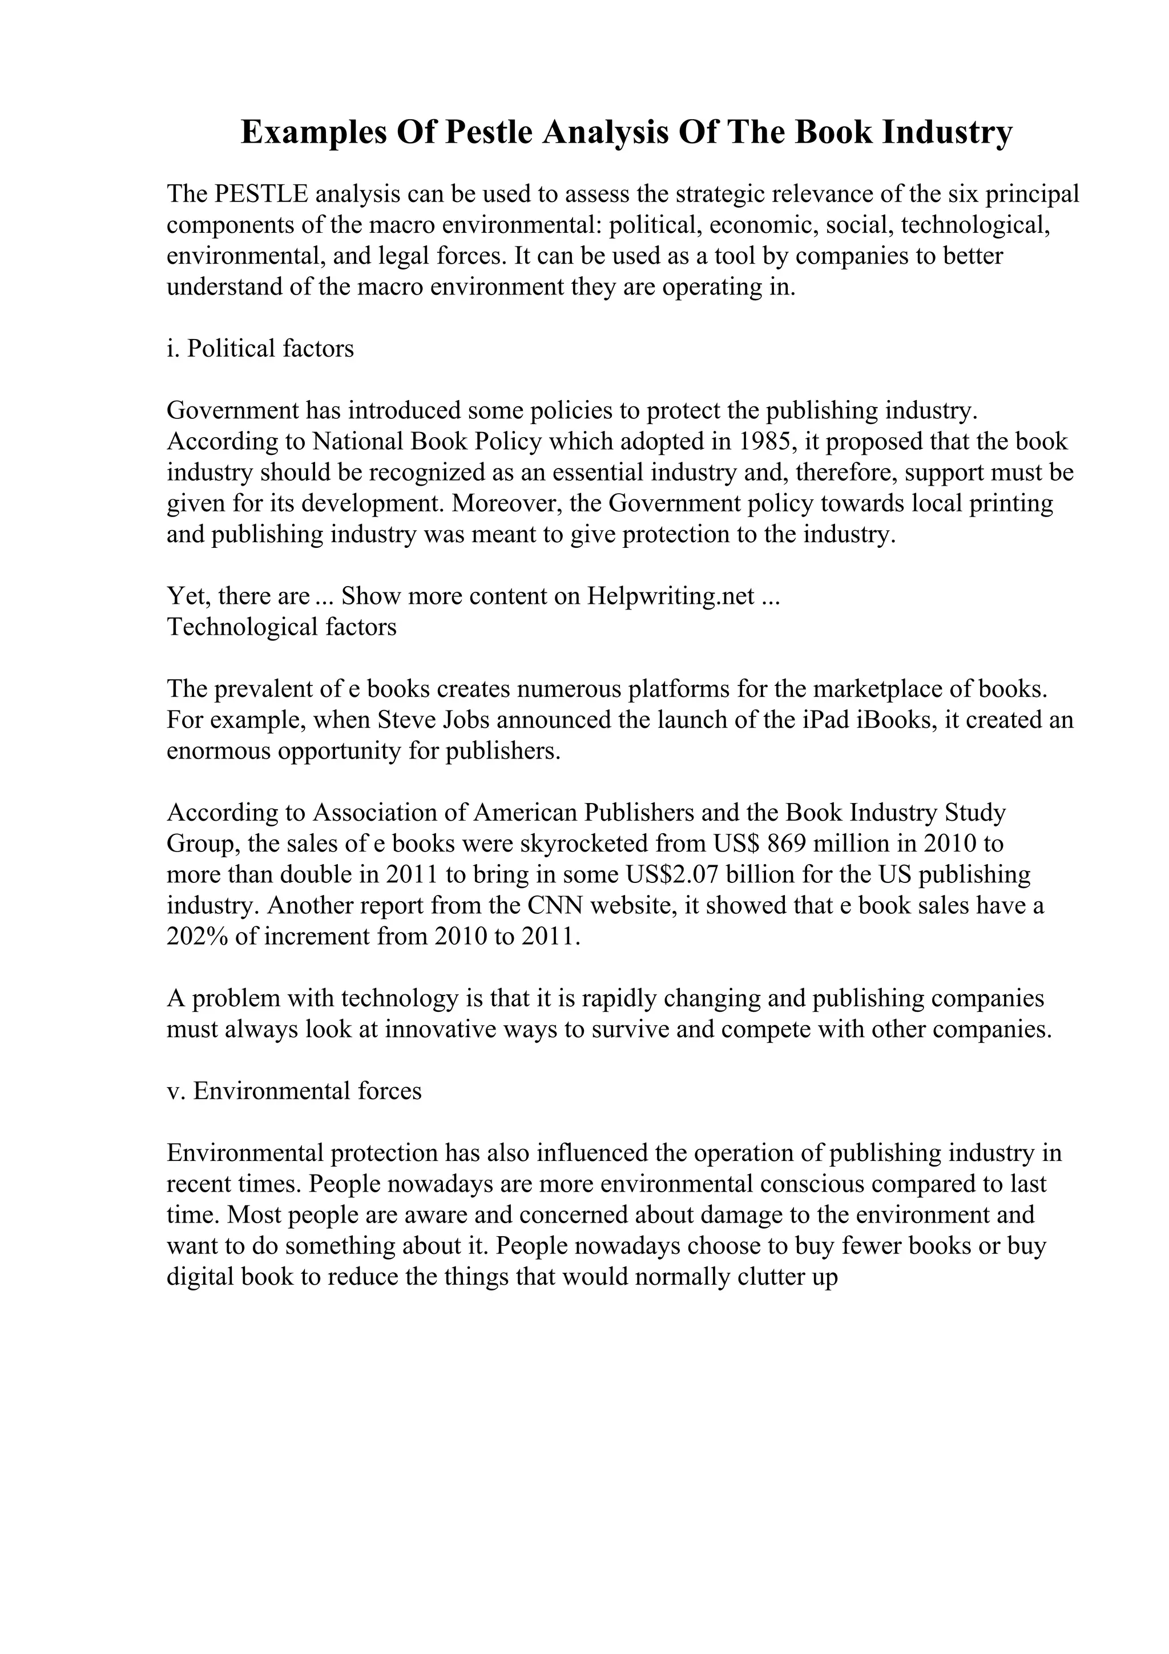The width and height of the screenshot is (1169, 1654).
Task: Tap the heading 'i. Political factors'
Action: tap(260, 349)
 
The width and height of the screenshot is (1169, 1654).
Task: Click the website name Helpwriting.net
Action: tap(671, 596)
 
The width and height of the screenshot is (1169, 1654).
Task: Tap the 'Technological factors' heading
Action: tap(281, 627)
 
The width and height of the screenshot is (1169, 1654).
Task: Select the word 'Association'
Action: tap(388, 813)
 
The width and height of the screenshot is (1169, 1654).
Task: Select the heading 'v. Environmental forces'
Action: tap(294, 1091)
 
